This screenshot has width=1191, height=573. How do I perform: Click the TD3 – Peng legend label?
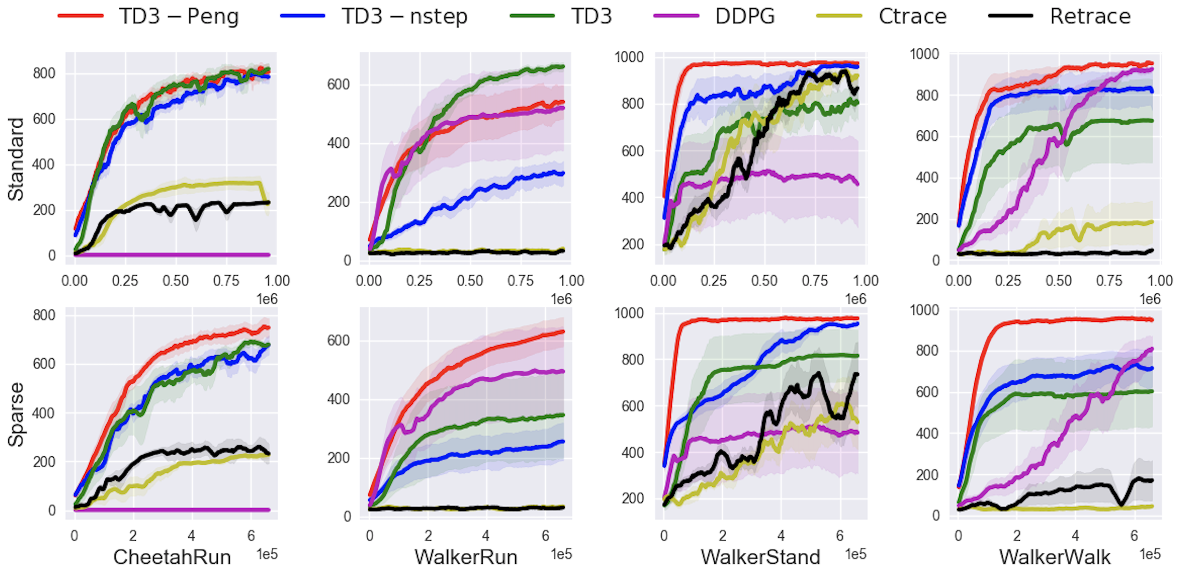[x=178, y=17]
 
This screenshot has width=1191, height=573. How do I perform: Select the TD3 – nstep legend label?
[x=404, y=17]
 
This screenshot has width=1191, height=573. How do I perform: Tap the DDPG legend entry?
[x=744, y=17]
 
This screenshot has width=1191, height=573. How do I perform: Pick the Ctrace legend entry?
[x=912, y=17]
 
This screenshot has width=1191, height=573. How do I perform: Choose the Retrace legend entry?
[x=1090, y=17]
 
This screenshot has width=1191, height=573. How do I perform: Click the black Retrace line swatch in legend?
[x=1010, y=16]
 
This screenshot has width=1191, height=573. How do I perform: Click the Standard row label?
[x=16, y=159]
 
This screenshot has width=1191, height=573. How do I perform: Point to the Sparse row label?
[x=16, y=414]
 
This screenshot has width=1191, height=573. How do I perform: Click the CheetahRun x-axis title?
[x=172, y=557]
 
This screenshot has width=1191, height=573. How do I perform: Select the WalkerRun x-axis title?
[x=466, y=557]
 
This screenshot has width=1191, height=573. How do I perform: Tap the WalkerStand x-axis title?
[x=760, y=557]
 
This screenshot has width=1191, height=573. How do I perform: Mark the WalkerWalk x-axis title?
[x=1055, y=557]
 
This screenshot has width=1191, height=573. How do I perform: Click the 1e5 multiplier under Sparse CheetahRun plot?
[x=267, y=554]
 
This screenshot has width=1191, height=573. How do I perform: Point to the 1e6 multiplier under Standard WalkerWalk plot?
[x=1150, y=299]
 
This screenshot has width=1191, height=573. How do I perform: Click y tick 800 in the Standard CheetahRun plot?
[x=44, y=73]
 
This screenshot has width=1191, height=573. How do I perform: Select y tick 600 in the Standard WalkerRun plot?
[x=338, y=84]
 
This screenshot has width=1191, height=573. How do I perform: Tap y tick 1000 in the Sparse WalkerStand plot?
[x=629, y=313]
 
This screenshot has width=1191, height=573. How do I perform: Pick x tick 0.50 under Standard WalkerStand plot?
[x=764, y=281]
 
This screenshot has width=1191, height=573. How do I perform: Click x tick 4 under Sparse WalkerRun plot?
[x=486, y=536]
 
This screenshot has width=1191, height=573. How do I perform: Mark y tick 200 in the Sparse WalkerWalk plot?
[x=927, y=475]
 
